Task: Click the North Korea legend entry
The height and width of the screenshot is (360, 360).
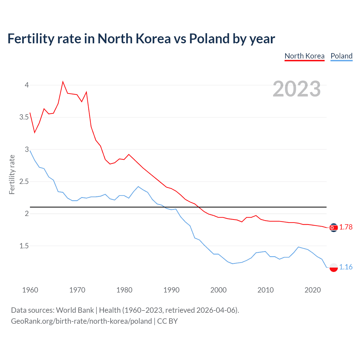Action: tap(304, 56)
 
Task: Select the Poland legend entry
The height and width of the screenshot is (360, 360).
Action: tap(341, 56)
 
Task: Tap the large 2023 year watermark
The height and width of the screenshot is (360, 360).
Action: tap(297, 89)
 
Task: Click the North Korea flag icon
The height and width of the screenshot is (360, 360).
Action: tap(334, 228)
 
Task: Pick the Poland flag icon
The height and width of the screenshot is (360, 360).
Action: tap(334, 267)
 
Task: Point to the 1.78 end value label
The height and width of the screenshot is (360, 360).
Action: tap(346, 227)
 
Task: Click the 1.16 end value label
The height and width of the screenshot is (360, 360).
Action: tap(346, 267)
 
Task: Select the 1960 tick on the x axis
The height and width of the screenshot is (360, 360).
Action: tap(30, 290)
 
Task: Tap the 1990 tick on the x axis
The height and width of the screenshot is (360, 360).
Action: tap(171, 290)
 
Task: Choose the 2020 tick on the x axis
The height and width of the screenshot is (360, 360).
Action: tap(312, 290)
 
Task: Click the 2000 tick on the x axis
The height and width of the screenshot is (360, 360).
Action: tap(219, 290)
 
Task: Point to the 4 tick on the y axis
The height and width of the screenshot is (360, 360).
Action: tap(27, 85)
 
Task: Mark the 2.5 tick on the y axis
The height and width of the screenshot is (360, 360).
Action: tap(24, 181)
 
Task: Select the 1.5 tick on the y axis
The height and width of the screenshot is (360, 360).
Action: tap(24, 246)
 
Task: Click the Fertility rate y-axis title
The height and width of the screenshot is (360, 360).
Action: tap(12, 174)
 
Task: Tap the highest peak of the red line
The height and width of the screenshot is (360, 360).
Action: tap(63, 82)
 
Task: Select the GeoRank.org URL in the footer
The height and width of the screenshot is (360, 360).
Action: tap(81, 321)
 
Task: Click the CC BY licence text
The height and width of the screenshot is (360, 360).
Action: tap(167, 321)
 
